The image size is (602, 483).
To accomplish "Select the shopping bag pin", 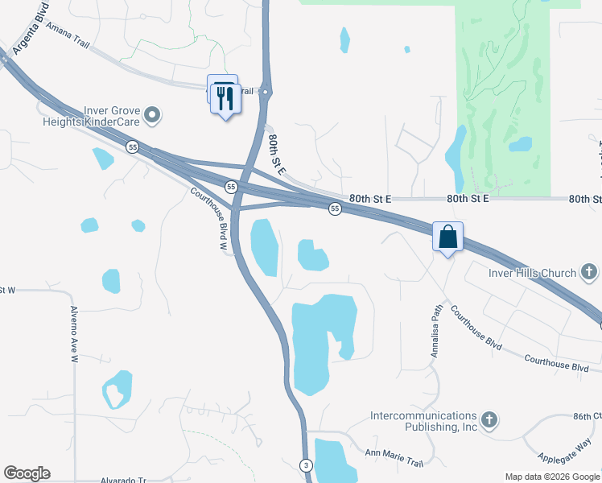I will (448, 237).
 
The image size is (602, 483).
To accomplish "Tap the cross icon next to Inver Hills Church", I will (589, 272).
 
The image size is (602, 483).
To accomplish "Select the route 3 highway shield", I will (306, 465).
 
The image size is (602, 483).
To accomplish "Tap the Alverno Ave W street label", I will (73, 334).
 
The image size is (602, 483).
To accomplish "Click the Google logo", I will (27, 473).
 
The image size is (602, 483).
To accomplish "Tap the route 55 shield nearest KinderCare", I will (133, 147).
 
